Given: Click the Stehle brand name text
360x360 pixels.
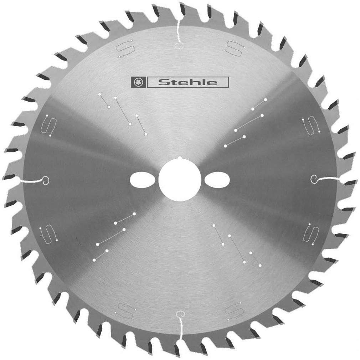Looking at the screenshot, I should coord(187,82).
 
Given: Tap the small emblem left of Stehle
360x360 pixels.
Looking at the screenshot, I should coord(138,82).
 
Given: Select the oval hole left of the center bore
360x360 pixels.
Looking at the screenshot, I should coord(142,179).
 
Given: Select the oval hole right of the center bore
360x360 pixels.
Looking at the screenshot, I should coord(217,179).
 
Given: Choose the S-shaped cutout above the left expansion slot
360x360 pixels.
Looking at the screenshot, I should coord(49,125).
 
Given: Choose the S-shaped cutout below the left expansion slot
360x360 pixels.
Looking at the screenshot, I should coord(49,234).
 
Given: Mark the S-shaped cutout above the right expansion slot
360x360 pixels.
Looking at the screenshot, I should coord(308,127).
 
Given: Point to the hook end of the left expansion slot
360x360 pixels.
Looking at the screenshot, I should coord(46,180).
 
